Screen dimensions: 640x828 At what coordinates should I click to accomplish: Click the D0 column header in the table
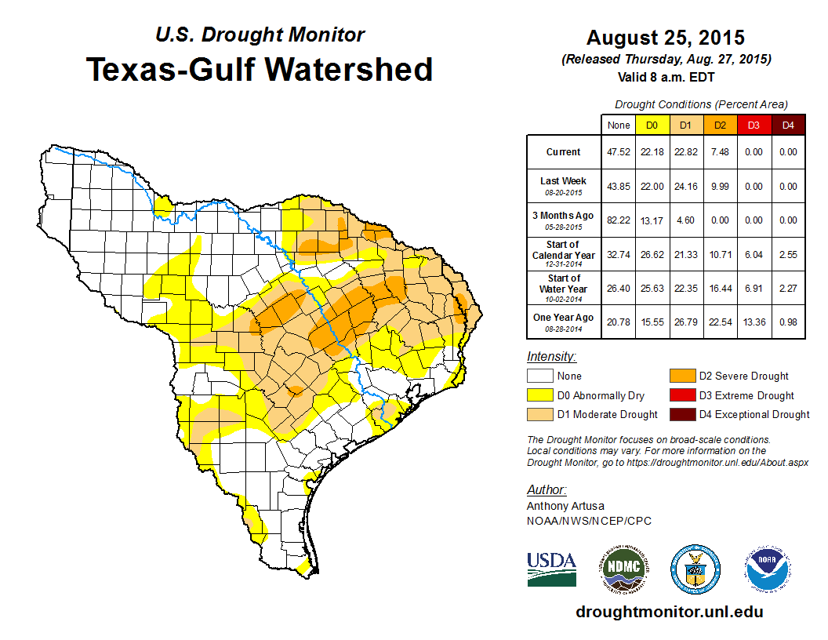pos(652,125)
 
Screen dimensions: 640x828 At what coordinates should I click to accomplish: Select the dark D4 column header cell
pos(788,125)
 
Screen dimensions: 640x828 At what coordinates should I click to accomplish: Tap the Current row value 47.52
pos(618,152)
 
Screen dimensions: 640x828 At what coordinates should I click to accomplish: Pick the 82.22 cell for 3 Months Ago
pos(618,220)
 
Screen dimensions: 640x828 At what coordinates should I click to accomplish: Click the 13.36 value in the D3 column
pos(754,322)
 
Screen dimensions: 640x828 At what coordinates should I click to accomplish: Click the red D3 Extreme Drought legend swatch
pos(681,395)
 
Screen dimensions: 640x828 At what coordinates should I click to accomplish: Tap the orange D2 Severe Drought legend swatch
pos(681,376)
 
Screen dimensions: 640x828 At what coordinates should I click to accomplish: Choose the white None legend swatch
pos(539,376)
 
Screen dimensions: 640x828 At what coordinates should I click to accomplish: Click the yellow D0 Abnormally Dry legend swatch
pos(539,395)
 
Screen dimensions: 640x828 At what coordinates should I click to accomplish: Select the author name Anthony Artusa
pos(565,506)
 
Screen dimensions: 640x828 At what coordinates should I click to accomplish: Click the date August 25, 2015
pos(666,38)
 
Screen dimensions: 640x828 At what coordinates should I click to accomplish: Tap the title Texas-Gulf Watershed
pos(260,69)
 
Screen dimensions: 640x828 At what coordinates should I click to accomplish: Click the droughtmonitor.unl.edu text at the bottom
pos(670,612)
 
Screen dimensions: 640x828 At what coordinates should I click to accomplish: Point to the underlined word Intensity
pos(551,356)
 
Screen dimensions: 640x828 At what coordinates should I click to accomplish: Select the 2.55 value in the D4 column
pos(788,254)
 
